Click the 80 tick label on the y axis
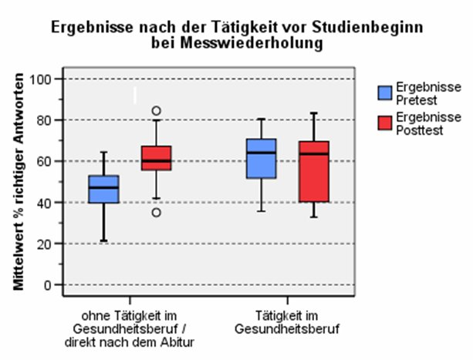45,120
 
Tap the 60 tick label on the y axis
45,161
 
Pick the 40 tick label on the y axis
45,202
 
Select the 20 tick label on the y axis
45,244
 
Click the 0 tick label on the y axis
49,284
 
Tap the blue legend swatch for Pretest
384,93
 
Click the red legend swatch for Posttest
384,123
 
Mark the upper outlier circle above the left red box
156,111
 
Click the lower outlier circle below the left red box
156,213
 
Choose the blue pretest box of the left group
104,189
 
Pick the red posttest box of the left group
156,158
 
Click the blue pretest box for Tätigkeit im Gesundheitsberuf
261,159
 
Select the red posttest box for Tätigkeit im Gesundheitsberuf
313,171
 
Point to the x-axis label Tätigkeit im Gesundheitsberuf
287,321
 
